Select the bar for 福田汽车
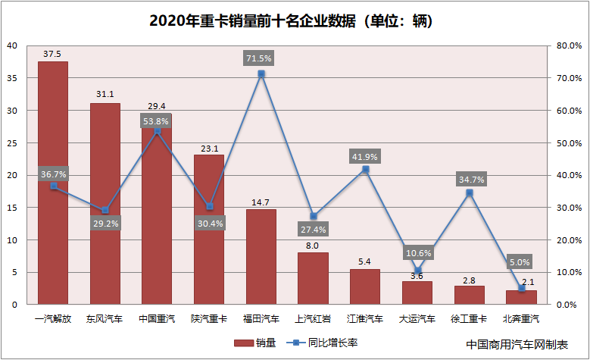click(x=261, y=257)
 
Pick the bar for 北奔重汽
click(x=521, y=297)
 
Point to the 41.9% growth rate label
click(x=365, y=156)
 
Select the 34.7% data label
click(x=470, y=180)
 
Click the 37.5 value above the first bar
click(x=53, y=54)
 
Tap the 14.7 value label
click(x=261, y=202)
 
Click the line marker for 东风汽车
click(x=105, y=210)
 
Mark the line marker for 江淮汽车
click(x=365, y=169)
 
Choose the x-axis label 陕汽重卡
click(x=209, y=319)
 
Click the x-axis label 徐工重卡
click(x=469, y=319)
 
